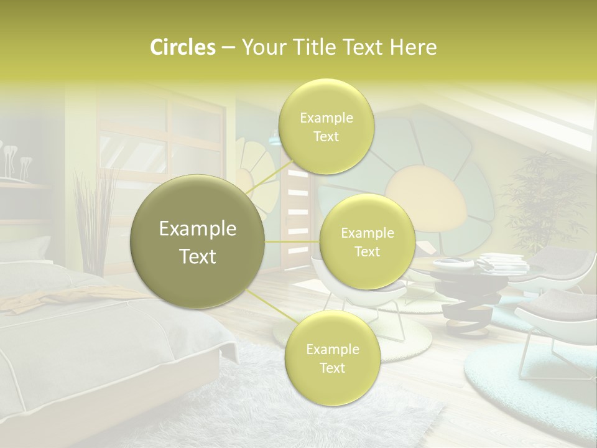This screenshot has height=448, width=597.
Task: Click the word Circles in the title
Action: [182, 47]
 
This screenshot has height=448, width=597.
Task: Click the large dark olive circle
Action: [198, 241]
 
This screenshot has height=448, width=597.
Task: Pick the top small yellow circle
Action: [326, 127]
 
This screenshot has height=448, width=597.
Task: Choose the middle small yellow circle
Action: [367, 242]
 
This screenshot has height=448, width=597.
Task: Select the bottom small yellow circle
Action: [332, 358]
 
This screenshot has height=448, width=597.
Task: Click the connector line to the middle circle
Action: [292, 241]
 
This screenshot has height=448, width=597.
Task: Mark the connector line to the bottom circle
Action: [267, 305]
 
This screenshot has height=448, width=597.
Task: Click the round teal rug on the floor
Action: [529, 373]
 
